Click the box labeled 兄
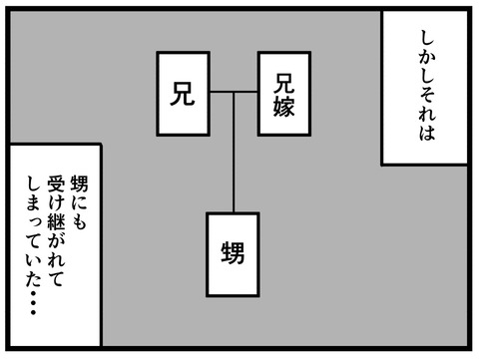coord(183,94)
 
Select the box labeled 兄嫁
coord(284,94)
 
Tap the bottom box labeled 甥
coord(233,254)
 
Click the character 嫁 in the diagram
coord(284,107)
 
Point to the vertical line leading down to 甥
coord(234,152)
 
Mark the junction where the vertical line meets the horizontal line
coord(234,92)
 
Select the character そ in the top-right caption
coord(427,96)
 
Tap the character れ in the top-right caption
coord(427,113)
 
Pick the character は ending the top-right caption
coord(427,133)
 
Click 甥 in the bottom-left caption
coord(79,183)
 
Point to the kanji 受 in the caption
coord(55,183)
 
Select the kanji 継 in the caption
coord(55,220)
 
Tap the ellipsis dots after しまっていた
coord(33,303)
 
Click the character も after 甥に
coord(79,220)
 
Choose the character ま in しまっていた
coord(33,202)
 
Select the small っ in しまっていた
coord(33,221)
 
